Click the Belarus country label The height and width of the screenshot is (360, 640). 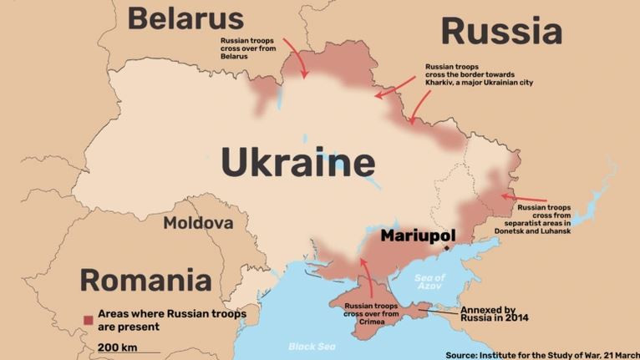[185, 18]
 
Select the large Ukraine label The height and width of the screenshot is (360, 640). [297, 163]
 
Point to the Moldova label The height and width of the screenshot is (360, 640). [198, 223]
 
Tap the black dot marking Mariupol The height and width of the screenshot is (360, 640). [448, 247]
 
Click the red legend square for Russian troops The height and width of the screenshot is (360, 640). [88, 320]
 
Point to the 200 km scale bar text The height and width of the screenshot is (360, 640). [116, 347]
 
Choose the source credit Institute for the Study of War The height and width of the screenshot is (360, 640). [542, 354]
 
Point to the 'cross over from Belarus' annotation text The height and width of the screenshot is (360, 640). [246, 48]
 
